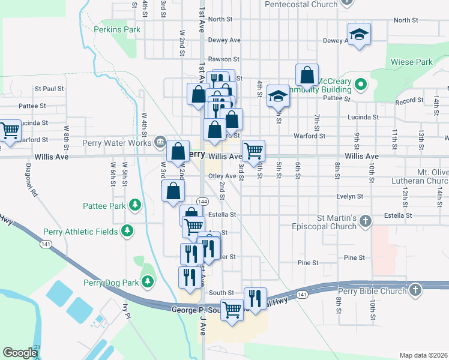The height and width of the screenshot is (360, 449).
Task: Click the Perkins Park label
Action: pos(117,29)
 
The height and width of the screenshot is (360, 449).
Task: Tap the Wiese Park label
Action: pos(411,62)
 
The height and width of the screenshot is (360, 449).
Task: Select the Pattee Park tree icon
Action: pos(136,206)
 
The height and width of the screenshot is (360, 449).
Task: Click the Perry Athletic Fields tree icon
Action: pos(127,231)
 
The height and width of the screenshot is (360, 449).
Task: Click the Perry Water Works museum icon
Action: pos(160,142)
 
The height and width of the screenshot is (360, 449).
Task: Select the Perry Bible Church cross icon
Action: pos(415,290)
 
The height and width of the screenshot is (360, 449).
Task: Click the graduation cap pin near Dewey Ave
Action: pos(359,34)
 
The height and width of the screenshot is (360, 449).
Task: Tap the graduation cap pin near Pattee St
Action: pos(278,95)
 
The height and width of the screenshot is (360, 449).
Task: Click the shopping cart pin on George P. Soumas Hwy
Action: pos(232,310)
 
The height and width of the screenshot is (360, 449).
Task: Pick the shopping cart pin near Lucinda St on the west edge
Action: pos(9,130)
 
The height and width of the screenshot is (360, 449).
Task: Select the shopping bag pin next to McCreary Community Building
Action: pos(307,76)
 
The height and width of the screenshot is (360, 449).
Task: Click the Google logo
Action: pos(20,353)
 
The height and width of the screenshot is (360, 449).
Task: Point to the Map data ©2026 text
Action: pos(423,355)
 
